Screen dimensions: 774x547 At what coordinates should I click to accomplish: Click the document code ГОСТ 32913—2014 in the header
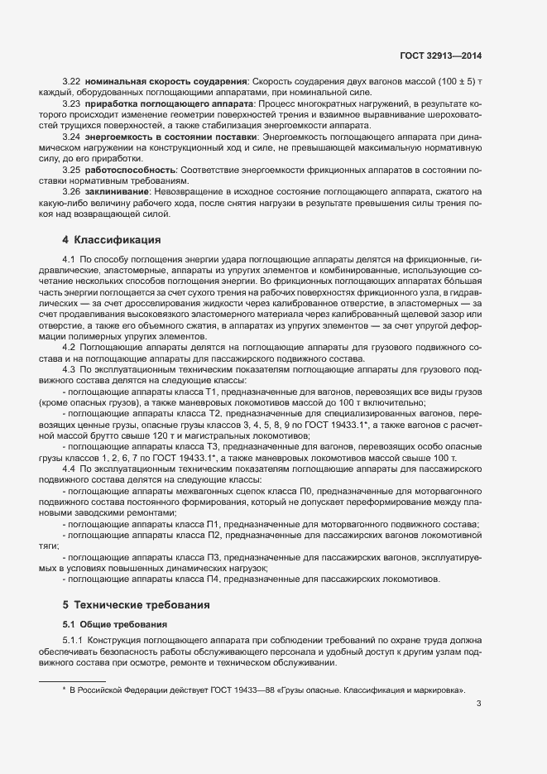439,56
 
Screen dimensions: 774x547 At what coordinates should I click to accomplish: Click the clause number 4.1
69,261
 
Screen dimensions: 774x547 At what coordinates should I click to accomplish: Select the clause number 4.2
69,346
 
